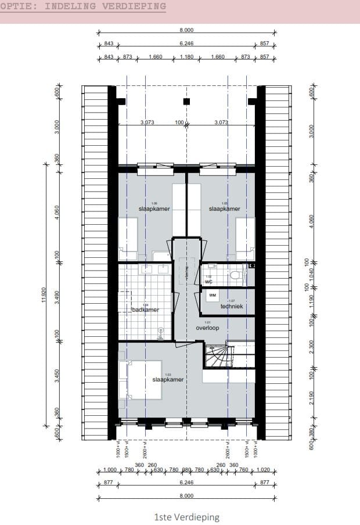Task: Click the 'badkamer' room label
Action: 145,310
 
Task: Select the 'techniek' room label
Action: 231,306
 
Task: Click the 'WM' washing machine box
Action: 212,295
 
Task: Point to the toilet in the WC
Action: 235,275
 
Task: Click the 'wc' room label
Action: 208,282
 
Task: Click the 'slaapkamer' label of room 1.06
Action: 154,209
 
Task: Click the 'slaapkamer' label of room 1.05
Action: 224,209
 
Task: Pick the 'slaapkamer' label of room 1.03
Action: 168,379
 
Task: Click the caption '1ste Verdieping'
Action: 187,517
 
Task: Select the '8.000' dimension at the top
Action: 186,30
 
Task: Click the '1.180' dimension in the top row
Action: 186,57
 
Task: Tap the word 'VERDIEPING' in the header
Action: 132,6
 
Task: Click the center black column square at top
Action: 186,102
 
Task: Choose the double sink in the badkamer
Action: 154,268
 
